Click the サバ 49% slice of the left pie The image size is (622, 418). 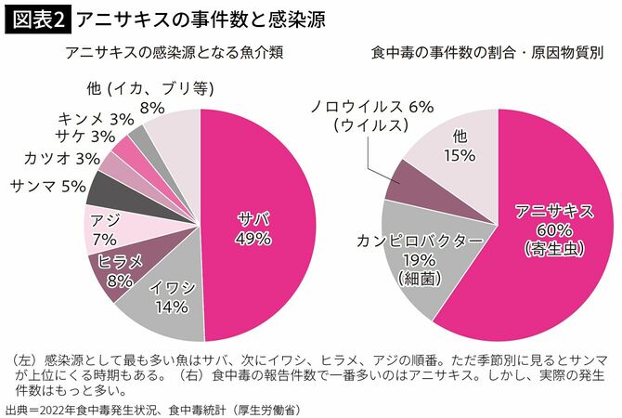tap(255, 228)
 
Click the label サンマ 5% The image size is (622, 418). tap(45, 186)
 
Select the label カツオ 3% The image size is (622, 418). tap(62, 159)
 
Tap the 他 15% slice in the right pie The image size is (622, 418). tap(455, 149)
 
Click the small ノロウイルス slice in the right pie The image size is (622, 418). tap(404, 181)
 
